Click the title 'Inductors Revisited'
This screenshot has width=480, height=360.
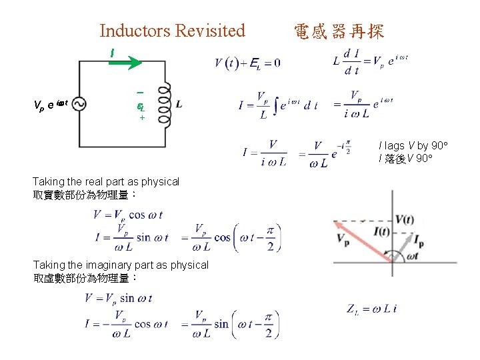pos(172,31)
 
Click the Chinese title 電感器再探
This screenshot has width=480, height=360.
pos(339,31)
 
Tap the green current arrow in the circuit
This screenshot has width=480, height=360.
pos(125,62)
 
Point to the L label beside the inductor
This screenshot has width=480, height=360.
pos(179,105)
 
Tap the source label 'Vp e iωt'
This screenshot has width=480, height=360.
pos(50,105)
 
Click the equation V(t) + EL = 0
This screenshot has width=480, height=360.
pos(247,63)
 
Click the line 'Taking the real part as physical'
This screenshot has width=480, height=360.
pos(106,181)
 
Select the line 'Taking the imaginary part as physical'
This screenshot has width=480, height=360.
pos(121,265)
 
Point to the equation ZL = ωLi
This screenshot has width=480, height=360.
pos(372,308)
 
